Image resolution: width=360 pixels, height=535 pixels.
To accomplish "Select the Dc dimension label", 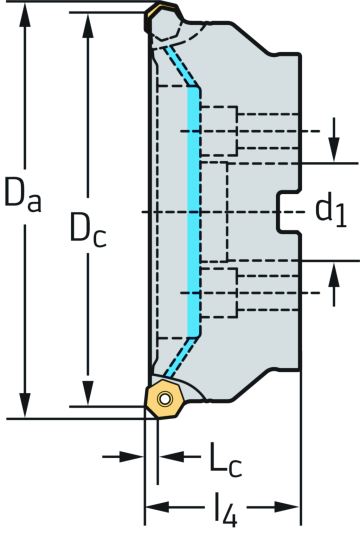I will click(88, 231).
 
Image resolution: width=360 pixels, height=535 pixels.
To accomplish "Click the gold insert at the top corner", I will click(160, 17).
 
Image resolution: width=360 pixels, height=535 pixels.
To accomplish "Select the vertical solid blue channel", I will click(194, 212).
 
